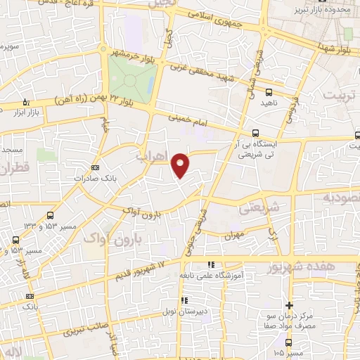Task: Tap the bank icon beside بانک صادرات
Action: [96, 168]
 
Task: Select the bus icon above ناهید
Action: [269, 91]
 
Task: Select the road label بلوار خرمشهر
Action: [131, 53]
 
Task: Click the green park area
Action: [131, 77]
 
